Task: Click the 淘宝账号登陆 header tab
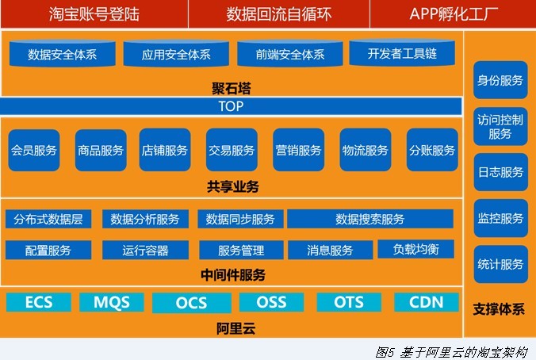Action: [x=94, y=14]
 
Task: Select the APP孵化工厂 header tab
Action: [x=453, y=14]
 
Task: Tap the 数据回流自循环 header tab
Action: [x=278, y=14]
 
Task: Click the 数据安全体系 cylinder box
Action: [x=62, y=53]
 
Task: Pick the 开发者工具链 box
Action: [x=402, y=52]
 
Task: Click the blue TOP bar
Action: [x=231, y=106]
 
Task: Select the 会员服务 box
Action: [x=34, y=150]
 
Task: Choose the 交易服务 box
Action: [x=232, y=150]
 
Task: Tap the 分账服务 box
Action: [x=432, y=150]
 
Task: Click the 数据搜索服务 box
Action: [x=370, y=219]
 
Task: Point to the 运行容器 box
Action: [x=145, y=250]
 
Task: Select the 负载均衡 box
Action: [x=416, y=249]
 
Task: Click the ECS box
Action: [x=39, y=302]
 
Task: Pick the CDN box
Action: [x=427, y=302]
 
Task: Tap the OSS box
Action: [x=271, y=302]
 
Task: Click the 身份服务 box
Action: [x=500, y=80]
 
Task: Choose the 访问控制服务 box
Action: [x=500, y=126]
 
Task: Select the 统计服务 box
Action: [x=500, y=264]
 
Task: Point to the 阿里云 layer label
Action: [x=235, y=328]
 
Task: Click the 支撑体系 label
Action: [x=499, y=309]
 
